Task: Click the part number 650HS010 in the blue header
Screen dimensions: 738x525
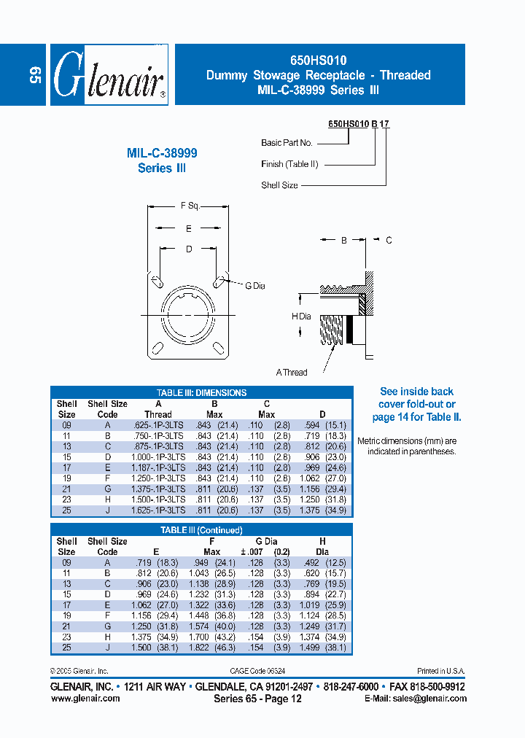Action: (x=318, y=61)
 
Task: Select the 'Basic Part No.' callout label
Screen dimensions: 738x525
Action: (x=287, y=143)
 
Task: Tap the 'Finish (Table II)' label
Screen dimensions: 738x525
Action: (x=289, y=164)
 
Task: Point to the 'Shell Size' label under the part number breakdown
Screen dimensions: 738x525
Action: (x=279, y=185)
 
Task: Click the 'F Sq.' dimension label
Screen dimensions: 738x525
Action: (x=189, y=206)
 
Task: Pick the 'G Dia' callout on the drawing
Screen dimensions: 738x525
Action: (x=255, y=286)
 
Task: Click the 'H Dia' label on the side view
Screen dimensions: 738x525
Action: (x=301, y=316)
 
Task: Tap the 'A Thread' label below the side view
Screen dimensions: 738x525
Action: (x=292, y=373)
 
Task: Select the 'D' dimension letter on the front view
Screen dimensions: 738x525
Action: (x=189, y=249)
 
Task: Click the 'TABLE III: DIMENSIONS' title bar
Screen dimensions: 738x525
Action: (x=201, y=392)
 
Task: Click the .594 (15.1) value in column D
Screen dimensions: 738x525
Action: (x=324, y=424)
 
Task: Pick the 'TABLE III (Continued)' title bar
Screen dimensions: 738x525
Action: (x=201, y=530)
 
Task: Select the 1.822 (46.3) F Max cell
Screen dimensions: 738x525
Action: (x=211, y=647)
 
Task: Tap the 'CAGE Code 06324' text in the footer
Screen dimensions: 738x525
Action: (x=267, y=671)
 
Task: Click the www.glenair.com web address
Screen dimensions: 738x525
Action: (x=85, y=698)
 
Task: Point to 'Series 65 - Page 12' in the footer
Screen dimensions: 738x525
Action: (x=257, y=699)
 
